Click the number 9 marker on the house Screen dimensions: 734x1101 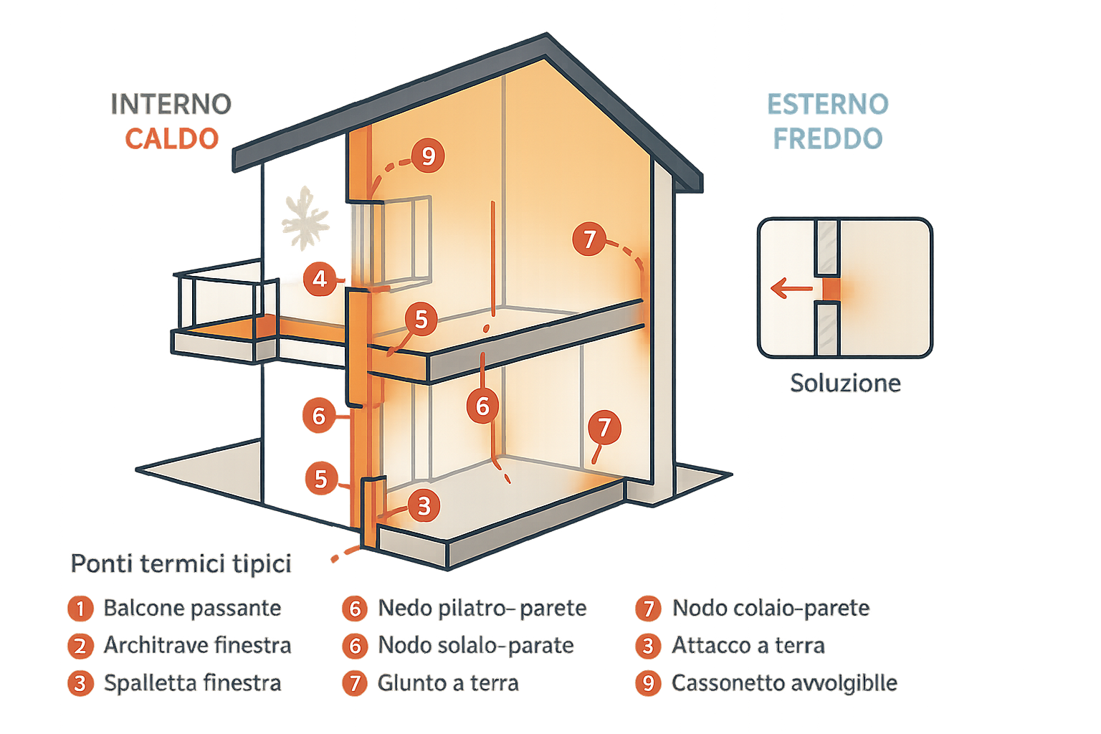[428, 156]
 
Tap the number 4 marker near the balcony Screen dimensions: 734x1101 [320, 279]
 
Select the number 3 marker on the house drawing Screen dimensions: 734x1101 [424, 505]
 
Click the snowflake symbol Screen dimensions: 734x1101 [305, 219]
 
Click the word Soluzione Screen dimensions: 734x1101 [844, 383]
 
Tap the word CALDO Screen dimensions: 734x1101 [171, 138]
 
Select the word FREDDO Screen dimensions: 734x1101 [827, 138]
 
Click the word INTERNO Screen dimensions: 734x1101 [171, 105]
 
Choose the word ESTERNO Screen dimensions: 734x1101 [827, 105]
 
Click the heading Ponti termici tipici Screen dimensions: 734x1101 [181, 564]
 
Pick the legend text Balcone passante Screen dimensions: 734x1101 [192, 609]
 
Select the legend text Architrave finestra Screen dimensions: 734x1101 [197, 646]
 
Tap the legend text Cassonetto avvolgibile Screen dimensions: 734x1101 [784, 683]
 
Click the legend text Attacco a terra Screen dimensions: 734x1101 [748, 646]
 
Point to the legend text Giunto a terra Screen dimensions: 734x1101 [449, 683]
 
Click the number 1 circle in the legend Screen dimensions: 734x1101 [80, 609]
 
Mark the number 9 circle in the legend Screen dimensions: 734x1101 [648, 683]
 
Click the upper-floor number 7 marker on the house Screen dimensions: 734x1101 [589, 239]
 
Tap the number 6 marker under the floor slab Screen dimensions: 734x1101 [482, 406]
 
